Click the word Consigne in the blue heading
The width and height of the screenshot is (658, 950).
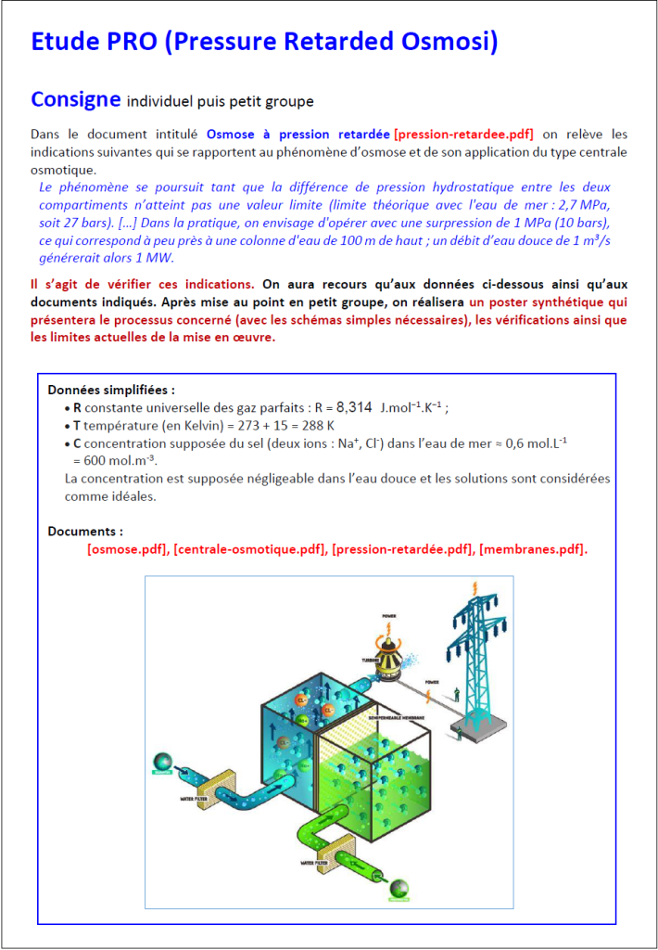pyautogui.click(x=76, y=99)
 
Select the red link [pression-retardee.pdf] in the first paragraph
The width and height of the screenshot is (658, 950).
pyautogui.click(x=463, y=134)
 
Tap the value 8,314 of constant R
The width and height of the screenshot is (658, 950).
pyautogui.click(x=354, y=407)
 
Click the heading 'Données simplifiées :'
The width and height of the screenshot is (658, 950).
pyautogui.click(x=111, y=390)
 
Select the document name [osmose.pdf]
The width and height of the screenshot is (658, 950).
pyautogui.click(x=127, y=549)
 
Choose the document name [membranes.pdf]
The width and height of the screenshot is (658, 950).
pyautogui.click(x=532, y=549)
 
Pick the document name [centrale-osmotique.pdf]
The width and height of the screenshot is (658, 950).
pyautogui.click(x=249, y=549)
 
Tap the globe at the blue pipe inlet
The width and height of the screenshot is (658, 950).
pyautogui.click(x=163, y=763)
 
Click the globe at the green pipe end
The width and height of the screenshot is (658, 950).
pyautogui.click(x=399, y=889)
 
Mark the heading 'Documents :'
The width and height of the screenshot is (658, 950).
pyautogui.click(x=85, y=532)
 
